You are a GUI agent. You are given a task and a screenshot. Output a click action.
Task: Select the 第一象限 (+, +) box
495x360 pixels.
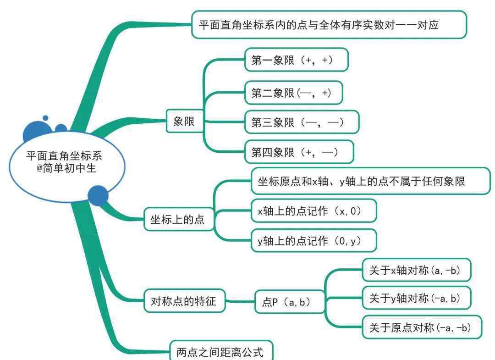pos(297,60)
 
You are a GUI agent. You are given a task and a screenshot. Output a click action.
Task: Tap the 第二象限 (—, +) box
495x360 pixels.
pos(294,93)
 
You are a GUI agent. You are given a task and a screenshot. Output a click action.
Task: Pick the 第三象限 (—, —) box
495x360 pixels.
pos(302,122)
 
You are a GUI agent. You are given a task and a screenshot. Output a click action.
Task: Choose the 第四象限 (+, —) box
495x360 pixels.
pos(299,152)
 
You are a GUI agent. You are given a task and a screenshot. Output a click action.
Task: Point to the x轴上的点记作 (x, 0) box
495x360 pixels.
pos(314,210)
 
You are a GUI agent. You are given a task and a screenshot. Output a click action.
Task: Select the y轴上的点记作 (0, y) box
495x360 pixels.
pos(314,241)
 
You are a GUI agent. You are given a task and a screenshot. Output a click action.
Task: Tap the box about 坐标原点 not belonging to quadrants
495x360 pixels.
pos(371,181)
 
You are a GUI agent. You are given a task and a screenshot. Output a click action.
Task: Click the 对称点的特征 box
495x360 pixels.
pos(185,301)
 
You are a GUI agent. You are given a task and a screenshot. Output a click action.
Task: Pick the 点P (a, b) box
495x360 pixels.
pos(290,302)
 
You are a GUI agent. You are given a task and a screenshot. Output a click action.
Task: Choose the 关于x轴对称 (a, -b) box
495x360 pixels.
pos(416,270)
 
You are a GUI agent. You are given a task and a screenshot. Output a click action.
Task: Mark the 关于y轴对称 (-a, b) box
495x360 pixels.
pos(416,298)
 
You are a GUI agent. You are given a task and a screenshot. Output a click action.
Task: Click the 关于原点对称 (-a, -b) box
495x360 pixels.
pos(422,327)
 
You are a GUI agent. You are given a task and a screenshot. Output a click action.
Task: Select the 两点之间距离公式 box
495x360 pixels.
pos(221,350)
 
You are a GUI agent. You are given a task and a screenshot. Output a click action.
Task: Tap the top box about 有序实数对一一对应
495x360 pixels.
pos(329,25)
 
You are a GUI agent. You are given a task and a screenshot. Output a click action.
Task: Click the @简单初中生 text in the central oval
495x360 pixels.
pos(66,168)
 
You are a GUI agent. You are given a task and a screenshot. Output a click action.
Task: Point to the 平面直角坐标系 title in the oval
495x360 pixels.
pos(64,155)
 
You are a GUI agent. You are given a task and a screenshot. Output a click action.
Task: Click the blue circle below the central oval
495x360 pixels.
pos(98,195)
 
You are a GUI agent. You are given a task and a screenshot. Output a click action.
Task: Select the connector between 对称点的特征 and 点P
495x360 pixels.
pos(240,301)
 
